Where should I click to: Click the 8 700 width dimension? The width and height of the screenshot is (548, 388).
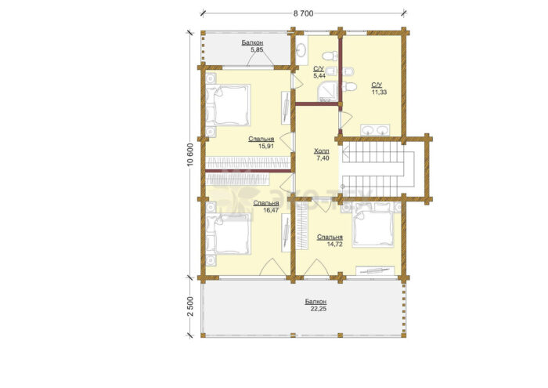pos(303,13)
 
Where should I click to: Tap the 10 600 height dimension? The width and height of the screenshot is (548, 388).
pos(190,154)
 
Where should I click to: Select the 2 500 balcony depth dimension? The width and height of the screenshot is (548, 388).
pos(190,306)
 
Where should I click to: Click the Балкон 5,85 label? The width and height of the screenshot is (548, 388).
pos(252,46)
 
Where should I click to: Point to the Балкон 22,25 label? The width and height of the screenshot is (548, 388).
pos(316,305)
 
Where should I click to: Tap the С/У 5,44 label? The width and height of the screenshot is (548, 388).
pos(319,72)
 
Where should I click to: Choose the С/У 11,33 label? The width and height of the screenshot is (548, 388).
pos(378,89)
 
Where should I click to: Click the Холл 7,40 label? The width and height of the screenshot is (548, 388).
pos(322,154)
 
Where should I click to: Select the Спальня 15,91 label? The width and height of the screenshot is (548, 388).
pos(261,143)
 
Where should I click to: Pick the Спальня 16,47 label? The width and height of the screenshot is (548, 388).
pos(266,206)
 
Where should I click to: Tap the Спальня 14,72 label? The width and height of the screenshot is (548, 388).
pos(330,241)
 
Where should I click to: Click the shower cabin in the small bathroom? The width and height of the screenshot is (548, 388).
pos(328,92)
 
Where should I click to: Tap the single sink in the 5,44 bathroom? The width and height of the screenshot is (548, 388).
pos(301,50)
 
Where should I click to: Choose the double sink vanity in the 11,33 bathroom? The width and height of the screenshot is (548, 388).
pos(375,130)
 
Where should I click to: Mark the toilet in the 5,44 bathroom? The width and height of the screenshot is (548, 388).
pos(330,56)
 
